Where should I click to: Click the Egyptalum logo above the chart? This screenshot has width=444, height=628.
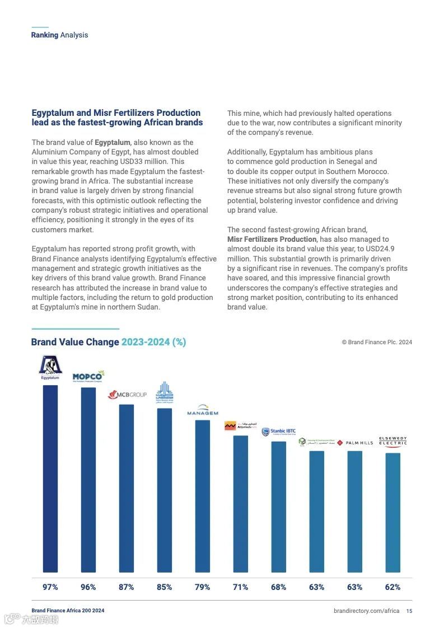pyautogui.click(x=50, y=367)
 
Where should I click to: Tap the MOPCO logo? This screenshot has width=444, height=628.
pyautogui.click(x=88, y=376)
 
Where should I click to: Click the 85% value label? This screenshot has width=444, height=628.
pyautogui.click(x=165, y=587)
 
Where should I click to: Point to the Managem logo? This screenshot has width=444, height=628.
pyautogui.click(x=203, y=410)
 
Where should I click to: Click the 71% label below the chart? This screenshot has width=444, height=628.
pyautogui.click(x=241, y=587)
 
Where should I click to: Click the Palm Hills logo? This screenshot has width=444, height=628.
pyautogui.click(x=355, y=443)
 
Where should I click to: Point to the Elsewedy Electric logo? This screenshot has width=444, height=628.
pyautogui.click(x=392, y=442)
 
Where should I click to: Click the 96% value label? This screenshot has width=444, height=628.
pyautogui.click(x=88, y=587)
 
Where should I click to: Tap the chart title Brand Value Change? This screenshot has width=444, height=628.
pyautogui.click(x=75, y=342)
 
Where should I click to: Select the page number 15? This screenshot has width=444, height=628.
pyautogui.click(x=409, y=611)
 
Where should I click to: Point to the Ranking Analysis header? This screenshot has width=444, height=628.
pyautogui.click(x=59, y=35)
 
